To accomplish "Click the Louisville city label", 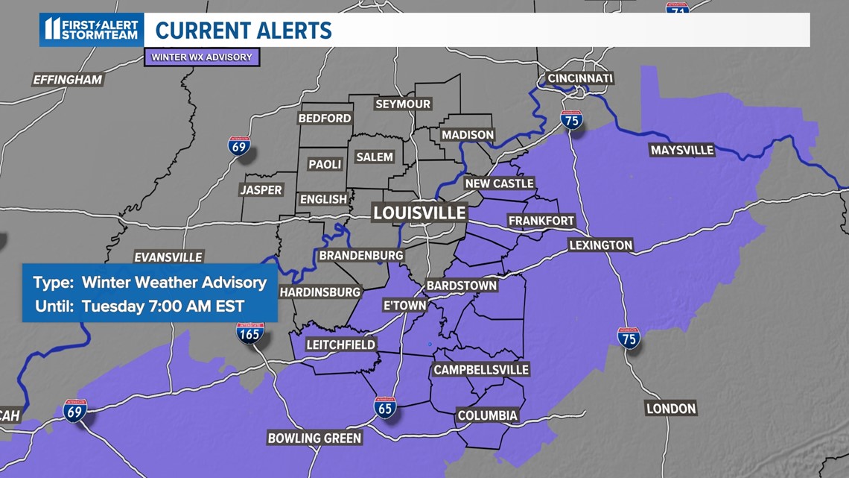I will coord(419,213).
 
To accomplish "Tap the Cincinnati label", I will coord(579,78).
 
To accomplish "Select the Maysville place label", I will coord(681,150).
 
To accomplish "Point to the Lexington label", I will coord(600,245).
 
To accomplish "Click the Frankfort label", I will coord(541,221).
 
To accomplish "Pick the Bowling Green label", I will coord(314,438).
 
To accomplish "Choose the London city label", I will coord(671,408).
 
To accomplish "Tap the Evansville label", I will coord(168,257).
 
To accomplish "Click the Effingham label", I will coord(67,80).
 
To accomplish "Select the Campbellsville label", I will coord(481,369).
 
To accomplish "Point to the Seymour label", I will coord(403,104).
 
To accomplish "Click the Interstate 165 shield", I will coord(249,333).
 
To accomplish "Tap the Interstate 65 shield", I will coord(384,407).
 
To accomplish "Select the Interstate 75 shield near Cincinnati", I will coord(571,119).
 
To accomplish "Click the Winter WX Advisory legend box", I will coord(202,57).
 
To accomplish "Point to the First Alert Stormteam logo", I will coord(91,30).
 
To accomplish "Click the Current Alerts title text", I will coord(244,31).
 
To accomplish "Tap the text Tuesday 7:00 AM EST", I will coord(163,306).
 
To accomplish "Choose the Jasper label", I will coord(261,190).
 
